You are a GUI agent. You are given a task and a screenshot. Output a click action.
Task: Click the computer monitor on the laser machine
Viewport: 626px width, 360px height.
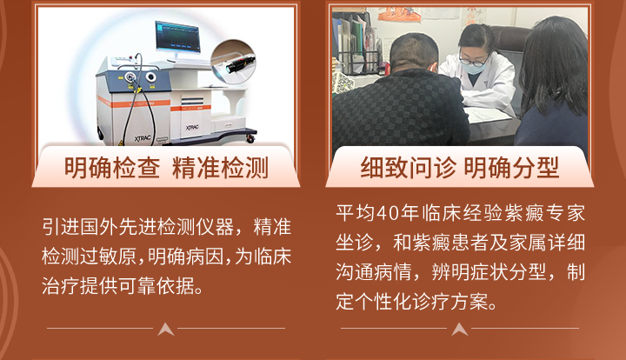click(177, 38)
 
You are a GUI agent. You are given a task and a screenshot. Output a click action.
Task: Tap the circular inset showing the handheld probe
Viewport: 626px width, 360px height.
click(233, 62)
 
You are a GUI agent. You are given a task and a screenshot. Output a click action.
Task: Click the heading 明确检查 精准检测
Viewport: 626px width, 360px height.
click(166, 168)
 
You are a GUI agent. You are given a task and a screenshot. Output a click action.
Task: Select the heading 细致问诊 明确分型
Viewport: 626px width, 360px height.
click(460, 168)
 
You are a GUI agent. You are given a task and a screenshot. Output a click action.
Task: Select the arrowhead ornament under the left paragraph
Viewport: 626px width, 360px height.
click(166, 330)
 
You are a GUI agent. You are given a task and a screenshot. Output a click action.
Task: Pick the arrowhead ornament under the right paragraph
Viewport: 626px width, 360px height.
click(460, 330)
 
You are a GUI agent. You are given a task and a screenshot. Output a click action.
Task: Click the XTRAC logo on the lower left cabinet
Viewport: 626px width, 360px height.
click(143, 138)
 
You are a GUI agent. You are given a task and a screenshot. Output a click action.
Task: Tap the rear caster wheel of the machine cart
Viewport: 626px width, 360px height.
click(250, 138)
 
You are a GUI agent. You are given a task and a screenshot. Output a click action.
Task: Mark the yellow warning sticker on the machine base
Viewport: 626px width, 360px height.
click(122, 143)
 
